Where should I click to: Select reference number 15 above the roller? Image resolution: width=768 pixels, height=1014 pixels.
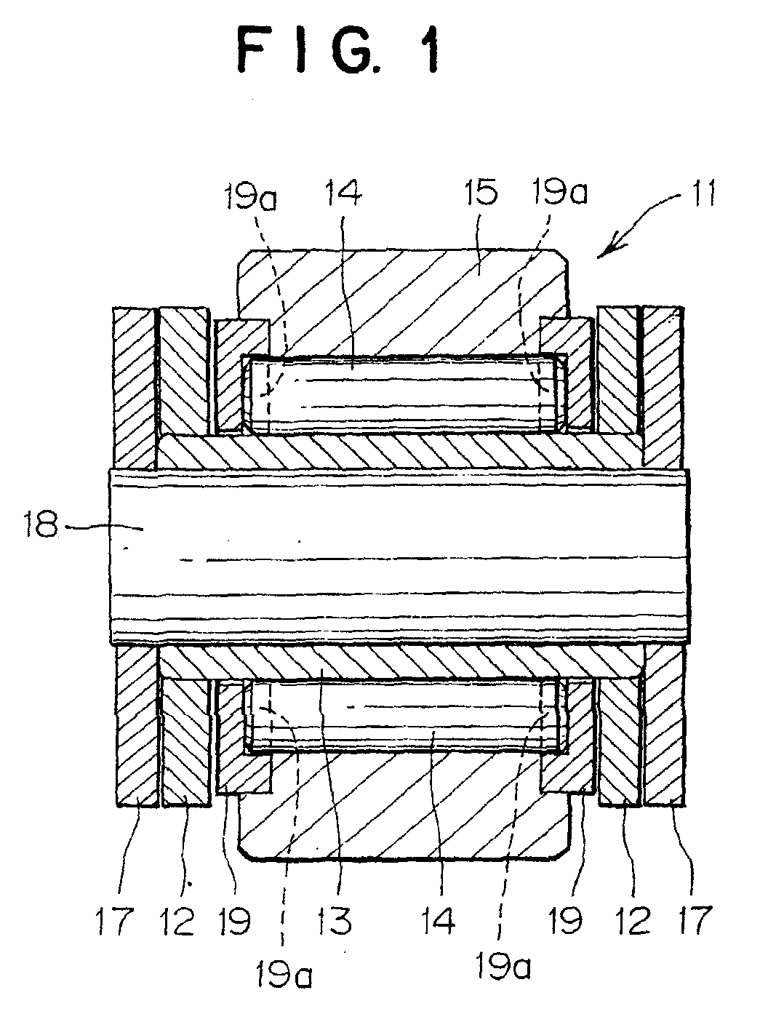click(482, 193)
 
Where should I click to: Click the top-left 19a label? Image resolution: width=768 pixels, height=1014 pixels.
click(251, 197)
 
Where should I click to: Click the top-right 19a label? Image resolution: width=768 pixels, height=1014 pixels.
click(560, 192)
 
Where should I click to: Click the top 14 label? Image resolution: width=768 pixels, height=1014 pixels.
click(343, 193)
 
